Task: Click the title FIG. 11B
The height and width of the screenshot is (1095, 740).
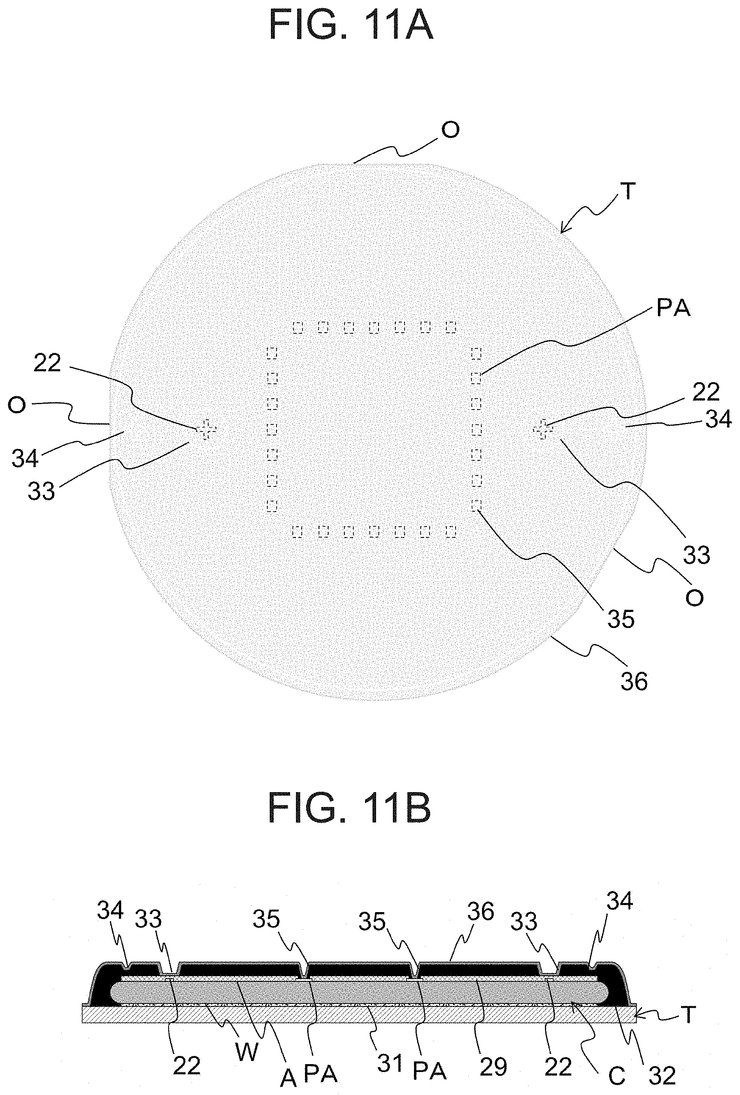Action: (349, 808)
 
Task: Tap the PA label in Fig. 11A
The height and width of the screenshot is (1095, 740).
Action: (673, 309)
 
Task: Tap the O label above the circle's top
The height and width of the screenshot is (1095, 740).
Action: (450, 130)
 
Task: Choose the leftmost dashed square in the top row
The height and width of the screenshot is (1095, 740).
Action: (297, 327)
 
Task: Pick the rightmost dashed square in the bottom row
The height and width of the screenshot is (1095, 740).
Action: (451, 531)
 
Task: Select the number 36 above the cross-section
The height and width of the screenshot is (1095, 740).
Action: (480, 911)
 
